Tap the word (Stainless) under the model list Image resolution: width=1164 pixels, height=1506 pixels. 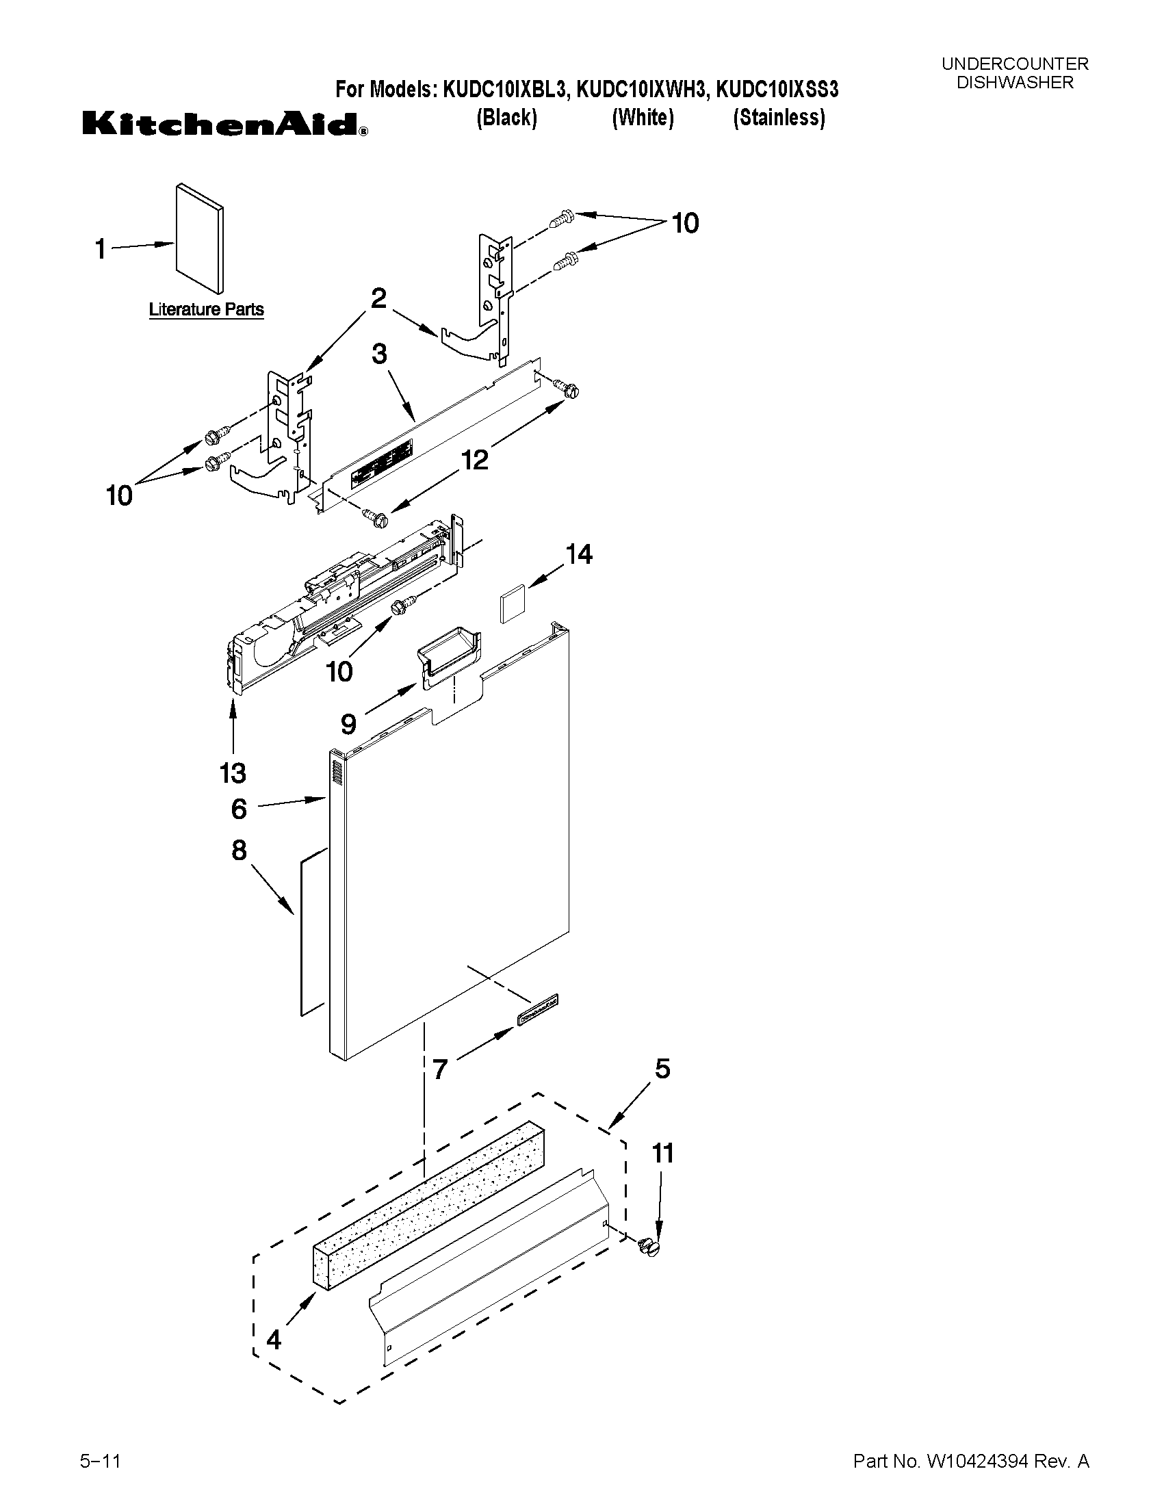779,118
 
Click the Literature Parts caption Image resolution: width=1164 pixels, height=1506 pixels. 206,309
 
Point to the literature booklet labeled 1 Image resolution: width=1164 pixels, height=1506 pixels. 199,238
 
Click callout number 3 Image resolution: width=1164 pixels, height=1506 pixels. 379,354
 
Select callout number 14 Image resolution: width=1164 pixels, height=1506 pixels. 578,554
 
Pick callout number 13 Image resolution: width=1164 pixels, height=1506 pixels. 233,773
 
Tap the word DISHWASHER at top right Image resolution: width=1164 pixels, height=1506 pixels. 1014,83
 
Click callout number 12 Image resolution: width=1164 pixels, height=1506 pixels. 474,459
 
